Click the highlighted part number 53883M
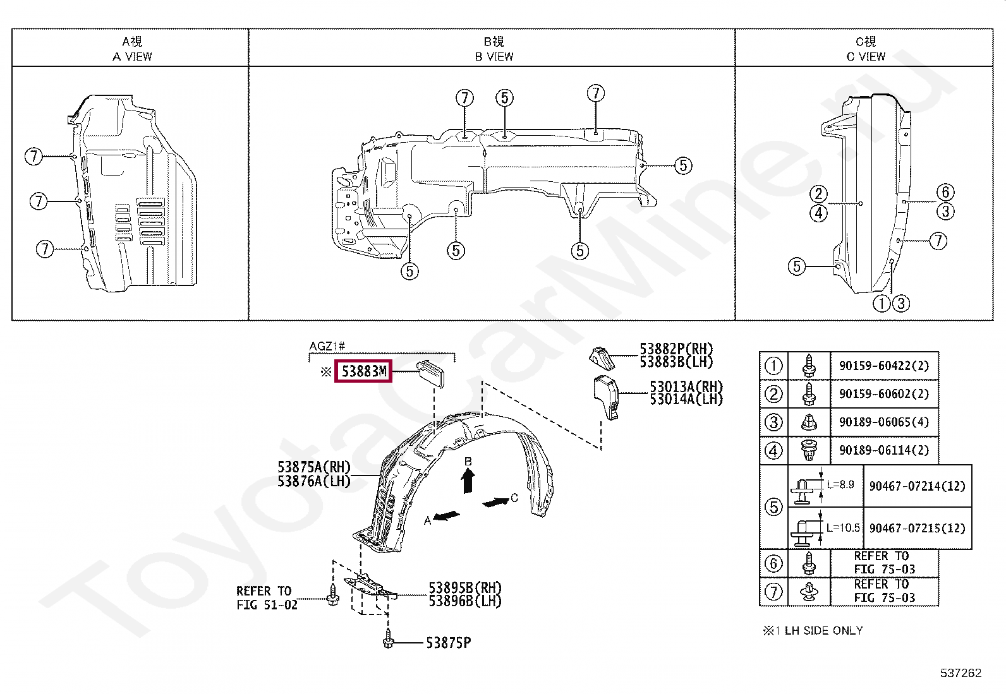pos(363,371)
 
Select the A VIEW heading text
pos(132,56)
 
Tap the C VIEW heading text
pos(866,56)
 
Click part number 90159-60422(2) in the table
pos(883,366)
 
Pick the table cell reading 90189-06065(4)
pos(883,422)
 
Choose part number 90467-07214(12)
pos(917,486)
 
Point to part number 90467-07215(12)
pos(917,528)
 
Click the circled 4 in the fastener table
pos(773,450)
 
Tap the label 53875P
pos(448,643)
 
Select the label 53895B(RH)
pos(464,589)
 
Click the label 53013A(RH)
pos(686,386)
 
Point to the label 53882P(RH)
pos(676,349)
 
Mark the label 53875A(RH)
pos(313,467)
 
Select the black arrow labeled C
pos(495,502)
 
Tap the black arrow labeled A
pos(447,516)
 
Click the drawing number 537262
pos(961,673)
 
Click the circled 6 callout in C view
pos(945,192)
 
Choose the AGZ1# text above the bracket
pos(327,346)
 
